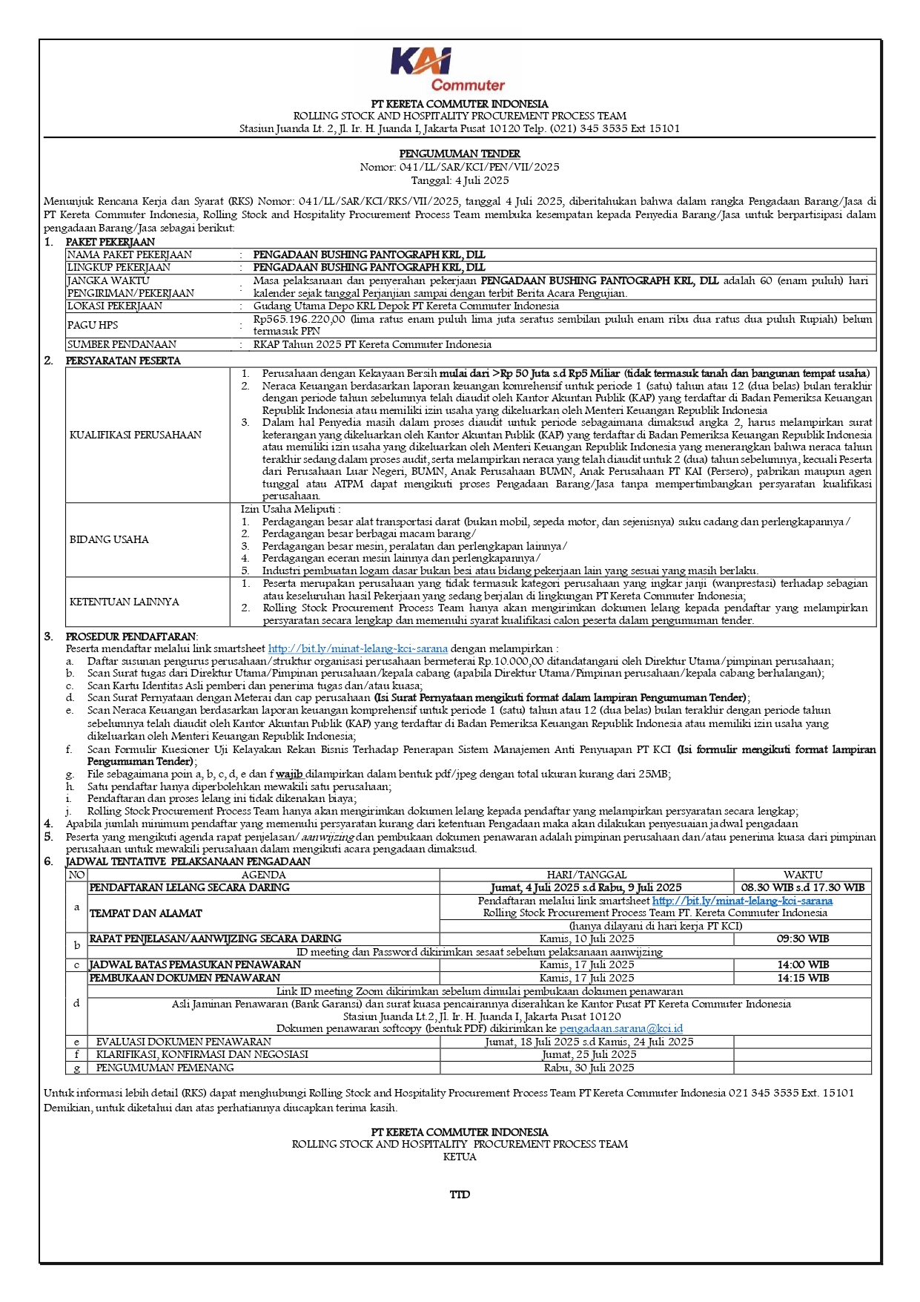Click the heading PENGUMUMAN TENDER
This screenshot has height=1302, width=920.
[460, 154]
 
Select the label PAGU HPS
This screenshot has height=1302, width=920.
[93, 325]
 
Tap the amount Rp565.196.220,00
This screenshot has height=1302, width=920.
[300, 319]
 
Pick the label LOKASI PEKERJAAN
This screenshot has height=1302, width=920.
[115, 306]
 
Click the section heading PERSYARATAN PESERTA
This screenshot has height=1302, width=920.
[123, 361]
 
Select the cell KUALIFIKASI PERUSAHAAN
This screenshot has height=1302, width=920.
[136, 435]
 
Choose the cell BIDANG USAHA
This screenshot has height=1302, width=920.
[109, 539]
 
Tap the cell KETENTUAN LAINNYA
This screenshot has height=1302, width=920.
[125, 602]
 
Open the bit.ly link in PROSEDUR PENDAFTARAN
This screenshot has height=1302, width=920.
[357, 648]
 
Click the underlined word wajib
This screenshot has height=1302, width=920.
[289, 774]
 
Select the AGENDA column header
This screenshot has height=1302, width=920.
[263, 875]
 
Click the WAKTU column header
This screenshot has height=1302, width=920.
[802, 875]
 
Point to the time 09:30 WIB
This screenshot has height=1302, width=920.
[802, 938]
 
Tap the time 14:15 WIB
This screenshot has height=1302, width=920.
[802, 978]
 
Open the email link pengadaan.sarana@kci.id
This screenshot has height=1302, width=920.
[621, 1028]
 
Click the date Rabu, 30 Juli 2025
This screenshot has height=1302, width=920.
[586, 1068]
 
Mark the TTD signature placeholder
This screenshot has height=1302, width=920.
[460, 1194]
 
